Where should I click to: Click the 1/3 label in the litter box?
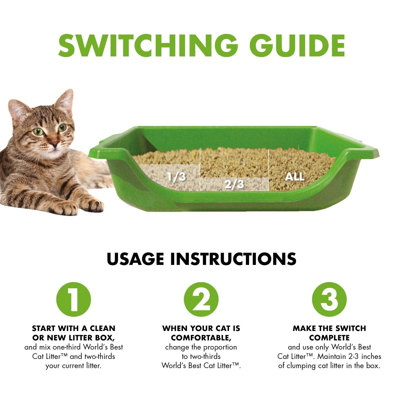(x=176, y=177)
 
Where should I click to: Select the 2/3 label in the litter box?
(x=234, y=184)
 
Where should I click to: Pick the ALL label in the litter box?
(x=294, y=177)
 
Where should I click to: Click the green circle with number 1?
(x=74, y=299)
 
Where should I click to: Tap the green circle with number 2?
(x=201, y=299)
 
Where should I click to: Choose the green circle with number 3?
(x=329, y=299)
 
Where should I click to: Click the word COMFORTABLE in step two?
(x=200, y=337)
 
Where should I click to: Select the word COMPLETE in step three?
(x=329, y=337)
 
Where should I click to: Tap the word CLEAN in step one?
(x=102, y=328)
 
